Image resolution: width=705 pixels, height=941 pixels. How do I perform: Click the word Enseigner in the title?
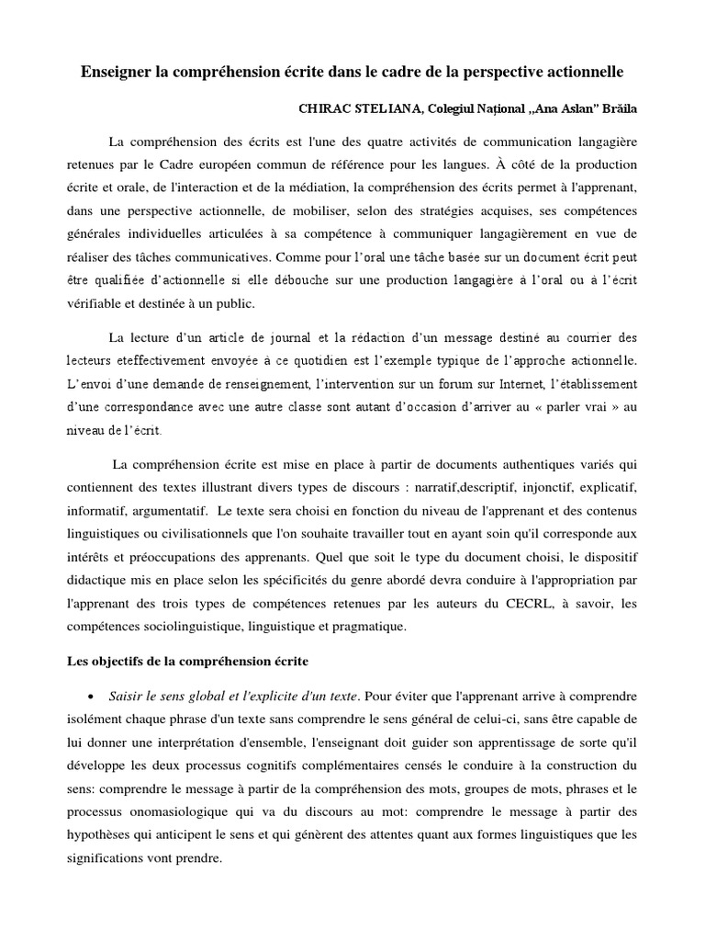point(115,71)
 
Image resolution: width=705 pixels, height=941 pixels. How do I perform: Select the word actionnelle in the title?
point(582,71)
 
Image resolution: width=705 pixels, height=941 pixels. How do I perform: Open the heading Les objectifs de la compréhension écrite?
point(188,662)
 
